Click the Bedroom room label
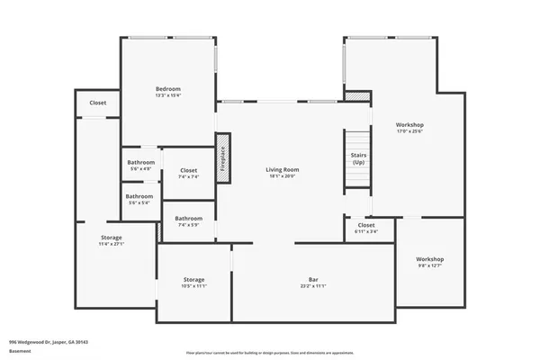(168, 89)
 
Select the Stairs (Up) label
(358, 159)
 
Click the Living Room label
(282, 169)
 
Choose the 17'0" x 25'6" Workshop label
(409, 125)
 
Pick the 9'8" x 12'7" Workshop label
(429, 259)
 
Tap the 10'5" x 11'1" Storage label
(194, 280)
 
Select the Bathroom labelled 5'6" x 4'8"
(140, 163)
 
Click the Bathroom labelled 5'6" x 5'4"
(139, 196)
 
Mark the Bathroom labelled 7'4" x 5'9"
(189, 218)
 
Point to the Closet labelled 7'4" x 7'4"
(189, 170)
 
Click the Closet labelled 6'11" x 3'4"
(366, 225)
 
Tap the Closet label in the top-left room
(97, 103)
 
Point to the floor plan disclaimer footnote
(269, 353)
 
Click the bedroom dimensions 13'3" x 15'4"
(168, 94)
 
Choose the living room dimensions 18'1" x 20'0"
(282, 175)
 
